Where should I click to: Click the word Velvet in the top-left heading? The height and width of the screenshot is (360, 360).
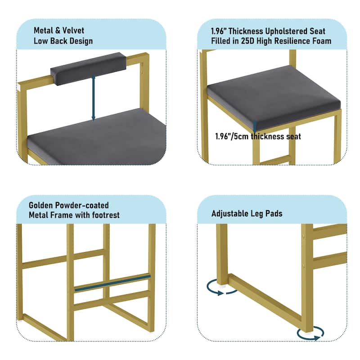73,31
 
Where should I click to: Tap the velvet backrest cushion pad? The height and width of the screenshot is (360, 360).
88,68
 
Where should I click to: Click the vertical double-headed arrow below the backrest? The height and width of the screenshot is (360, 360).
93,98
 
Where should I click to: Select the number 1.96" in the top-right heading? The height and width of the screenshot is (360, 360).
219,31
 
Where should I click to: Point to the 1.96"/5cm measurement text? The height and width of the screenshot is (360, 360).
232,137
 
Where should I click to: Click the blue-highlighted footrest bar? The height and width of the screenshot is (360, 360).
112,283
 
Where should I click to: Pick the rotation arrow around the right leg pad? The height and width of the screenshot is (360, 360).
310,333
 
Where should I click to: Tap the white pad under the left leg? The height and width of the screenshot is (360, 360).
222,286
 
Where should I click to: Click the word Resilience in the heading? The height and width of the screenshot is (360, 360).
291,41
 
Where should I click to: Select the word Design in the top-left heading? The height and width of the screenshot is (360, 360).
81,41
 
